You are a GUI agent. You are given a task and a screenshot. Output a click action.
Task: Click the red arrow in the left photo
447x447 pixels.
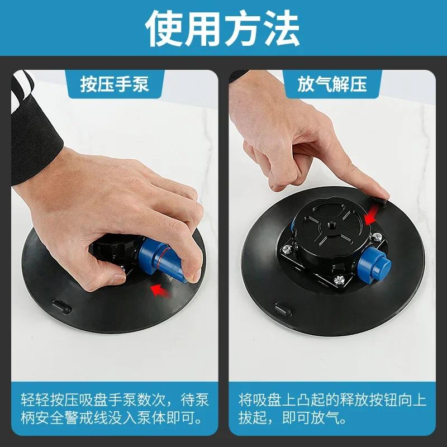pyautogui.click(x=160, y=289)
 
